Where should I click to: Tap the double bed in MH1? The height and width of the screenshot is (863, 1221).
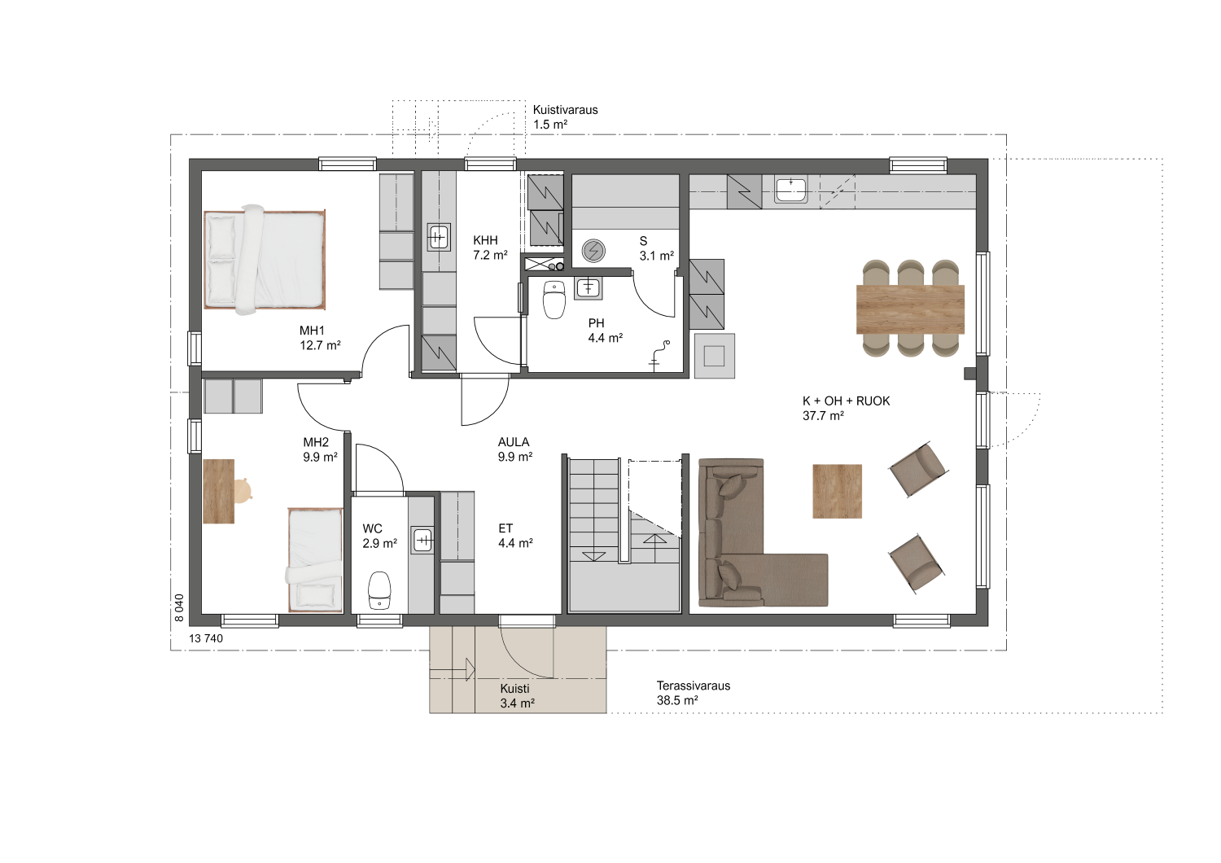pyautogui.click(x=265, y=260)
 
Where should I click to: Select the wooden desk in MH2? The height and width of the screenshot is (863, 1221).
pyautogui.click(x=219, y=491)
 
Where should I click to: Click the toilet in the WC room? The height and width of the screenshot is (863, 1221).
pyautogui.click(x=379, y=590)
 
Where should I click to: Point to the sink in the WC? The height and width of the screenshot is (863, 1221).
pyautogui.click(x=422, y=541)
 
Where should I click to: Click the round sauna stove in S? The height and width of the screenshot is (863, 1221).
pyautogui.click(x=593, y=251)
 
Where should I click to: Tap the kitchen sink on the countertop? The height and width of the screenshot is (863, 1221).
pyautogui.click(x=791, y=190)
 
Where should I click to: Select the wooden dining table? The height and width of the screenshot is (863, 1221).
pyautogui.click(x=910, y=309)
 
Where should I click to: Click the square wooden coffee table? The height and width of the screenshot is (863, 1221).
pyautogui.click(x=838, y=491)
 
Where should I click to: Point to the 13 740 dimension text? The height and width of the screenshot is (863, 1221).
pyautogui.click(x=206, y=638)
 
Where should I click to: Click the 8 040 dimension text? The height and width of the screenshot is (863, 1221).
pyautogui.click(x=179, y=608)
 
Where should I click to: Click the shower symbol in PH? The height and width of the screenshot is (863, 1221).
pyautogui.click(x=659, y=356)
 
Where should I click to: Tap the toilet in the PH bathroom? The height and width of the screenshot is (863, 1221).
pyautogui.click(x=554, y=300)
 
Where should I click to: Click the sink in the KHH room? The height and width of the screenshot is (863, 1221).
pyautogui.click(x=438, y=237)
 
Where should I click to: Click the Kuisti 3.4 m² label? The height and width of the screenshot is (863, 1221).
pyautogui.click(x=517, y=696)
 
